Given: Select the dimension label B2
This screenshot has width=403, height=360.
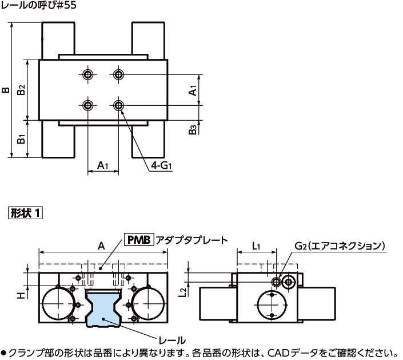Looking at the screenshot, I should pos(21,90).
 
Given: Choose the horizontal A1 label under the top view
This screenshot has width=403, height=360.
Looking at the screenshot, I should pos(102,165).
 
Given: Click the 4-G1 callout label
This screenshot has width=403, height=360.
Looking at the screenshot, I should pos(162,165).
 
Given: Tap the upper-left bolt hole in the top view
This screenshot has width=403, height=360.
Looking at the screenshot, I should pos(87,75).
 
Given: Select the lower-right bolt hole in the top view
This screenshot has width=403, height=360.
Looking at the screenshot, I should pos(119,105).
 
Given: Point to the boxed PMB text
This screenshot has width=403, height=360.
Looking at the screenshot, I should pos(139,240).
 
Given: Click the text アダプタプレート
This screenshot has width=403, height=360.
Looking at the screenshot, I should pos(192,240).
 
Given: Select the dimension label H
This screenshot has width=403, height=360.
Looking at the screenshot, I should pos(21,295).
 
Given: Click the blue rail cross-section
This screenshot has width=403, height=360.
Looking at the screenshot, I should pos(103,309).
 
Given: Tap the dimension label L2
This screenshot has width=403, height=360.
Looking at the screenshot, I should pos(182,292).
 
